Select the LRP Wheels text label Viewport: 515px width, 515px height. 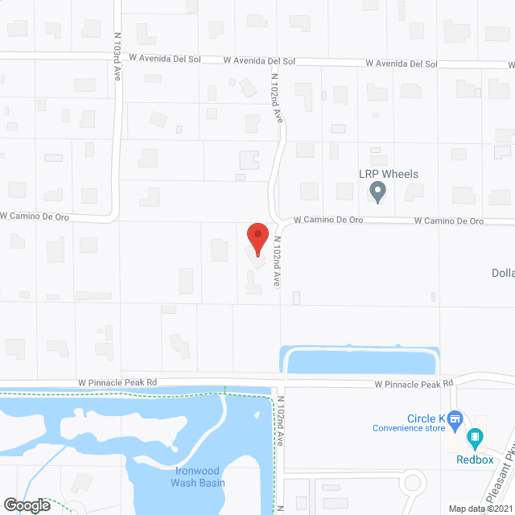(x=389, y=174)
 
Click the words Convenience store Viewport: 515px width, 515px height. (x=409, y=428)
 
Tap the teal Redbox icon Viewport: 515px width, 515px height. (x=475, y=439)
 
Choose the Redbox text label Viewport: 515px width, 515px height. (x=474, y=459)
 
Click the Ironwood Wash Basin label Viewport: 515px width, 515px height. (x=198, y=477)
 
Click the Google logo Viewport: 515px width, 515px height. (x=26, y=505)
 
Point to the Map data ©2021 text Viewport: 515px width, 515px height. (x=480, y=509)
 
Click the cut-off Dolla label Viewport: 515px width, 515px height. (x=503, y=273)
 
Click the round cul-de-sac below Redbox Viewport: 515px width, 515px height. (x=413, y=484)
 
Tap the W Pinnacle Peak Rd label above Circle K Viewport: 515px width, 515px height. (x=414, y=385)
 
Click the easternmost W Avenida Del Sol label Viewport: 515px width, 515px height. (x=401, y=63)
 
